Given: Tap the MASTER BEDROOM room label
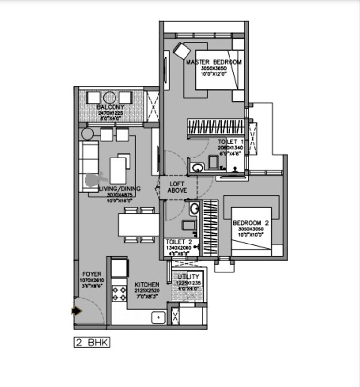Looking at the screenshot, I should pos(214,62).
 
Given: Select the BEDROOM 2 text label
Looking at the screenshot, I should pos(250,223).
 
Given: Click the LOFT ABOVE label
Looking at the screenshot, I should pos(177,187).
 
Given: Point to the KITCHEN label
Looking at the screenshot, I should pos(147,284).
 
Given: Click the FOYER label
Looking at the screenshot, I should pos(91,273).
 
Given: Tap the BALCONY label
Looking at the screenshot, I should pos(110,107).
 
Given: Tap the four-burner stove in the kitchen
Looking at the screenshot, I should pos(119,293).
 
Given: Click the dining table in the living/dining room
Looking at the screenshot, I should pos(139,225).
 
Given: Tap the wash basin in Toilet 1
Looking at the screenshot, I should pos(197,168).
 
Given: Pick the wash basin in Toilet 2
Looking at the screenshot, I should pos(194,209).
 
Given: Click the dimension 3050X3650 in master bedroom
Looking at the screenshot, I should pos(214,69).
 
